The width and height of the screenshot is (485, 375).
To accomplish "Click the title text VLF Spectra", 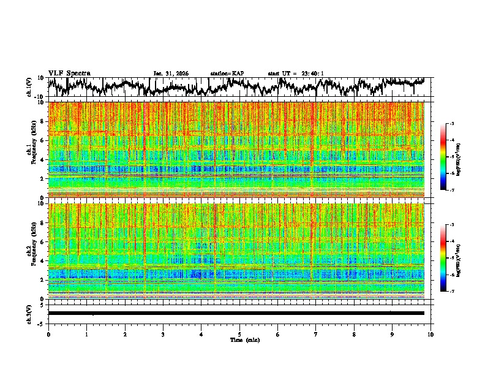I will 69,73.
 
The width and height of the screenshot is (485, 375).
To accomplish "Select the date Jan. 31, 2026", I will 171,74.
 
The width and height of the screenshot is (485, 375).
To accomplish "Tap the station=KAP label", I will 227,74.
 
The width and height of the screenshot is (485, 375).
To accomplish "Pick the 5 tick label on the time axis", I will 239,334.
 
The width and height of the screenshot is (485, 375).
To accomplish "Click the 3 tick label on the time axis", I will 163,334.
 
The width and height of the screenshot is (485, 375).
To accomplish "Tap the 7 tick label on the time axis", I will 316,334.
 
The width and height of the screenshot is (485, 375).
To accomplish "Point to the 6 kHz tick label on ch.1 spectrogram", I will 43,140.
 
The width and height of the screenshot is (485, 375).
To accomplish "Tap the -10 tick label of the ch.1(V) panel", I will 39,96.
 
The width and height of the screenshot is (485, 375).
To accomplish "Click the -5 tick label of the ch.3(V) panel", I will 40,322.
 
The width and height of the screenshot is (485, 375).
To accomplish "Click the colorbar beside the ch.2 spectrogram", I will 449,258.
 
